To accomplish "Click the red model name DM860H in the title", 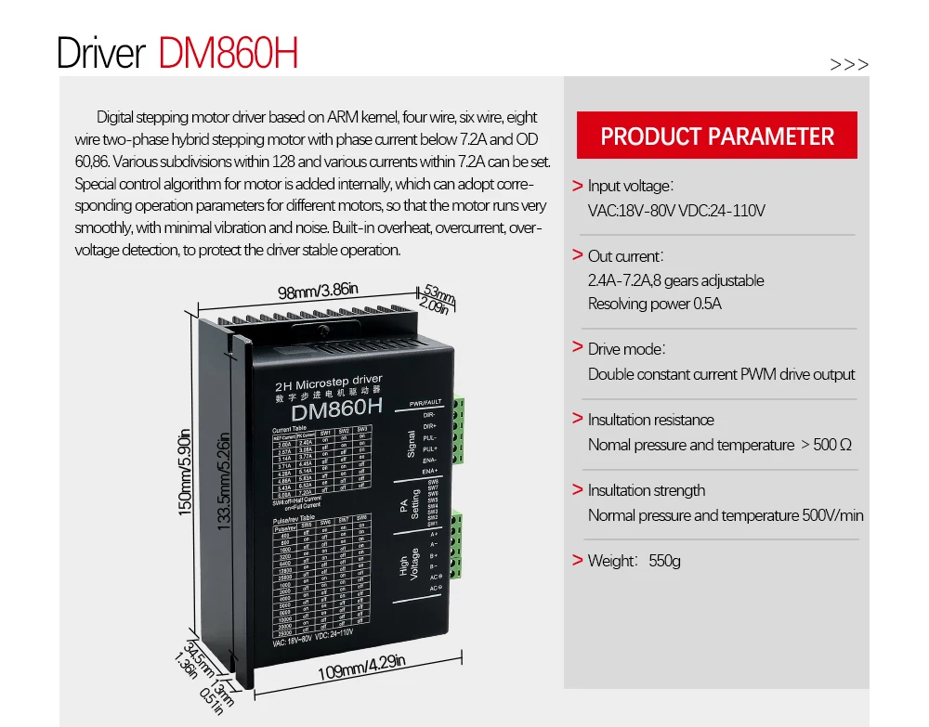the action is click(x=229, y=53).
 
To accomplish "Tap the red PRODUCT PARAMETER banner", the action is click(x=717, y=136).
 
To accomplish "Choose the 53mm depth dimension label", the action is click(x=439, y=295).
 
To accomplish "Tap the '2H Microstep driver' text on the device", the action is click(x=329, y=381).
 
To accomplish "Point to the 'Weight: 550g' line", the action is click(x=634, y=561).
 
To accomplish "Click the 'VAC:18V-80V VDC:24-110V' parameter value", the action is click(x=676, y=211).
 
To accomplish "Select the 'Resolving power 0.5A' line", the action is click(x=654, y=304).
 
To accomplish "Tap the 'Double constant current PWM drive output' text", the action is click(x=721, y=374).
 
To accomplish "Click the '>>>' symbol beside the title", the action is click(x=849, y=65).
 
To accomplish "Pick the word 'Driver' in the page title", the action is click(x=100, y=53).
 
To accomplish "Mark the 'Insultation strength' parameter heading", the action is click(x=646, y=490).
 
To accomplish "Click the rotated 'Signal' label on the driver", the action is click(x=412, y=443).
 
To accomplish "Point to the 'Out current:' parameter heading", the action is click(x=625, y=255).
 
